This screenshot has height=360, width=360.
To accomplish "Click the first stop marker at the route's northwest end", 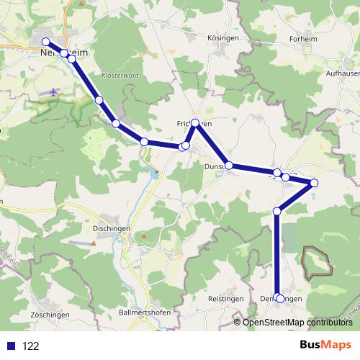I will (46, 42).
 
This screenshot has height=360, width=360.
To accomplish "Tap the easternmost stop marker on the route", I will (313, 183).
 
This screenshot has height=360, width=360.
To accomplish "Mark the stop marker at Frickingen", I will (195, 123).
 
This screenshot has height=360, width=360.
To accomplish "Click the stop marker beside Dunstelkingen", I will (229, 166).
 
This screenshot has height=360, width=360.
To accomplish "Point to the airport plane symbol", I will (55, 92).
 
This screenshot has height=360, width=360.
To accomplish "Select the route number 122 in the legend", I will (31, 346).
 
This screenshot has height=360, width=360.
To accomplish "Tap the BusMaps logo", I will (325, 345).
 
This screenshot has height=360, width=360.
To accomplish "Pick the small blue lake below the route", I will (154, 172).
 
